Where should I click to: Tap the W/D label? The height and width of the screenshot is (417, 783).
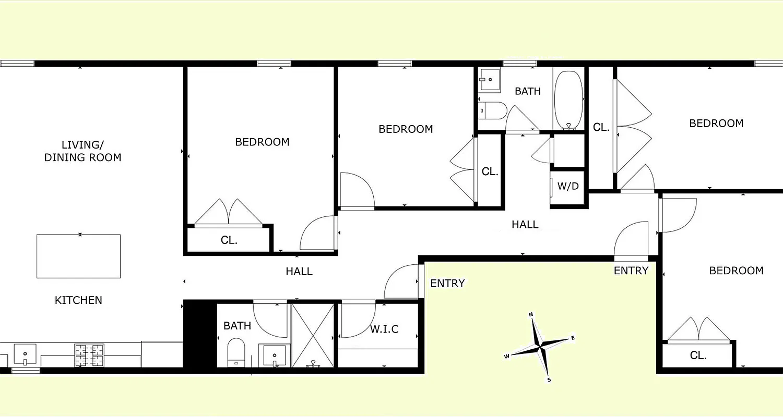point(568,186)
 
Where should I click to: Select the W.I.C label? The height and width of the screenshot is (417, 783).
point(384,329)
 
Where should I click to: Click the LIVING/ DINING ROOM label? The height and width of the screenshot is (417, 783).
point(82,151)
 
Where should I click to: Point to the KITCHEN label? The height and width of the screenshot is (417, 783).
point(78,300)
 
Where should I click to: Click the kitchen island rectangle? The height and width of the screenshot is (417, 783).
point(78,256)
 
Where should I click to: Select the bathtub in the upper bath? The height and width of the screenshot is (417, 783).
point(568,99)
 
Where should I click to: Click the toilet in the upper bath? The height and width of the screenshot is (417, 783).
point(492,110)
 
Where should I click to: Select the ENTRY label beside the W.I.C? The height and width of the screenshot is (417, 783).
point(447,284)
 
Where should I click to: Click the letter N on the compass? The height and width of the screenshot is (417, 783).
point(531,314)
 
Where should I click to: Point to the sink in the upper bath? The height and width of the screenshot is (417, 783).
point(490,80)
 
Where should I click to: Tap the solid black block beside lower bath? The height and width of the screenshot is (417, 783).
point(200,336)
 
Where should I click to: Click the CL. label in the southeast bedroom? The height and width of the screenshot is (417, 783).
point(698,355)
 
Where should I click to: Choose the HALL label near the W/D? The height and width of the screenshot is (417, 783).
point(525,225)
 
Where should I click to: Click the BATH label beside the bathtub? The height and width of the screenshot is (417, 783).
point(528,91)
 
